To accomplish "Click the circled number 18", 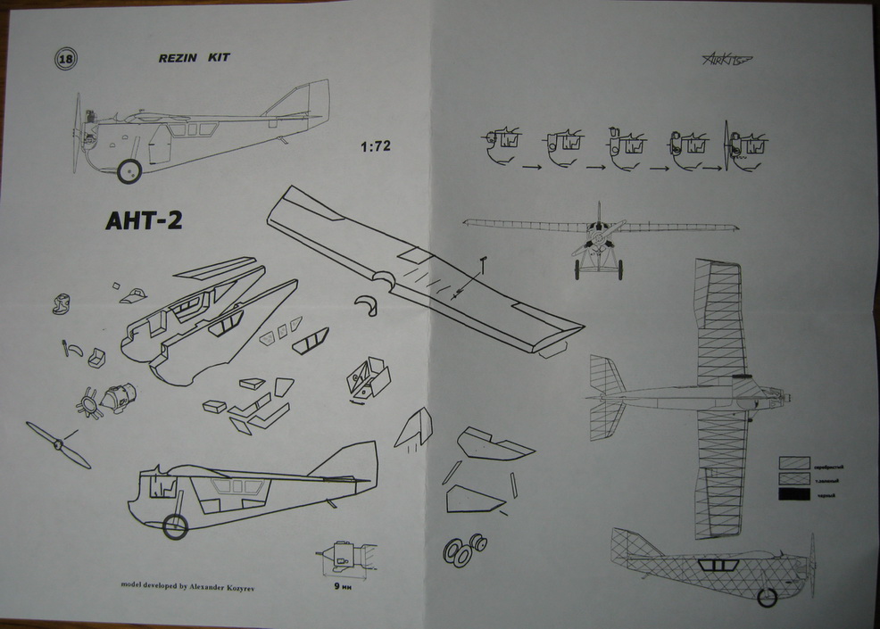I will (x=65, y=59).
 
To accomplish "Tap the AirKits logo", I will (x=721, y=59).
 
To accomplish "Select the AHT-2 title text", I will (x=137, y=220).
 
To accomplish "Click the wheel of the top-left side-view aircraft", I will (x=130, y=170).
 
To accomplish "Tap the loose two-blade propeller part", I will (x=58, y=444).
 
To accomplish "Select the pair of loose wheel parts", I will (x=466, y=549).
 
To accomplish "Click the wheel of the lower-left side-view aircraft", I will (x=175, y=527).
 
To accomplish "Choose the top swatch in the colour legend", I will (x=793, y=464).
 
